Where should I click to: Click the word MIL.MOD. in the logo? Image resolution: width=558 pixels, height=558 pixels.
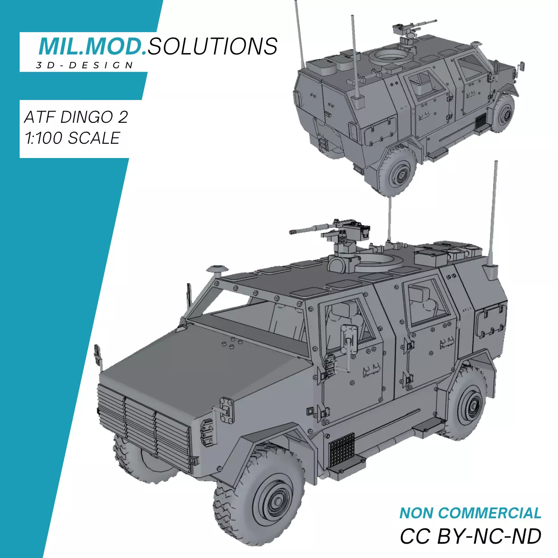(92, 46)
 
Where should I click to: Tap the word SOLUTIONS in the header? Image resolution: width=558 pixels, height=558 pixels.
(212, 46)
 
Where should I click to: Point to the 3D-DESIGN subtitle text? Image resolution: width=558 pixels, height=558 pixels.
(85, 66)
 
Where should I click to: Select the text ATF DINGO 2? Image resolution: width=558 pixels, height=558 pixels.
(76, 117)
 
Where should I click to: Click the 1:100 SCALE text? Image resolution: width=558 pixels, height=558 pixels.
(72, 138)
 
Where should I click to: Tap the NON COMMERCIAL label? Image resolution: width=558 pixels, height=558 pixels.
(470, 513)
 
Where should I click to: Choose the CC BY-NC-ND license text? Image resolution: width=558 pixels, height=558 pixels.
(470, 536)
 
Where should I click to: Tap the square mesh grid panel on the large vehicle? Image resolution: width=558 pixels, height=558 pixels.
(341, 449)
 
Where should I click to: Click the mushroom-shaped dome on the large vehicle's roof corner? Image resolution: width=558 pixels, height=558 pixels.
(217, 269)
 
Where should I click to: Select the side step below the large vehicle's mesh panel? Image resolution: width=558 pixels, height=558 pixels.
(346, 467)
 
